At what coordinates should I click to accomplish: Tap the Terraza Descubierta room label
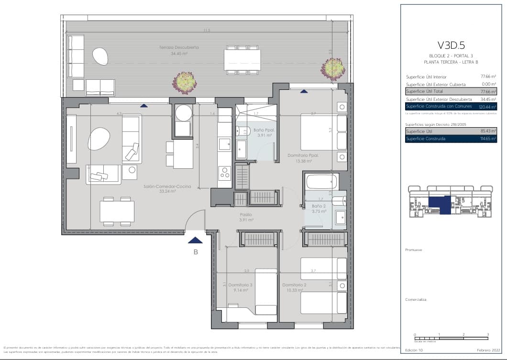[x=179, y=48]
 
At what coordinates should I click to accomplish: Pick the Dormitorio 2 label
[x=294, y=284]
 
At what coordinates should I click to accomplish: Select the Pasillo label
[x=246, y=215]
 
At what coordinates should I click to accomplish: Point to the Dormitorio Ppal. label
[x=303, y=155]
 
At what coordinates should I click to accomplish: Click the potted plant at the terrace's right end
[x=333, y=68]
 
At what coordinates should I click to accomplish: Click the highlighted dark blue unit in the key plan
[x=440, y=205]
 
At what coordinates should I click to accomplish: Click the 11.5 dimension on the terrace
[x=207, y=31]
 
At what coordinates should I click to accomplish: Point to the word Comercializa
[x=415, y=300]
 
